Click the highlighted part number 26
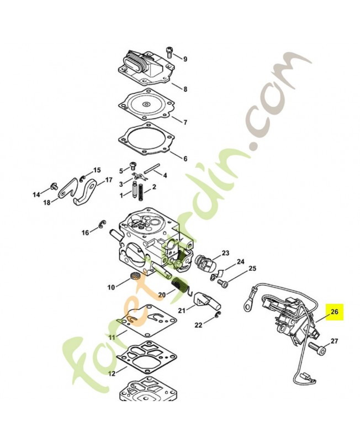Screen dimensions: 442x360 [334, 312]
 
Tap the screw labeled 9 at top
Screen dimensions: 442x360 [169, 53]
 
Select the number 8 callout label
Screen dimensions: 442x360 [185, 89]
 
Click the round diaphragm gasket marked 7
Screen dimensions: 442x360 [146, 104]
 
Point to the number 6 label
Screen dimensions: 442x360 [185, 159]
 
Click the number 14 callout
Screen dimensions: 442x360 [36, 194]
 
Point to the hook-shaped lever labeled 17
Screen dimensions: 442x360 [86, 193]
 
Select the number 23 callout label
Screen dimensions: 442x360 [225, 253]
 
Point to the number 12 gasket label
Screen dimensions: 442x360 [112, 374]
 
